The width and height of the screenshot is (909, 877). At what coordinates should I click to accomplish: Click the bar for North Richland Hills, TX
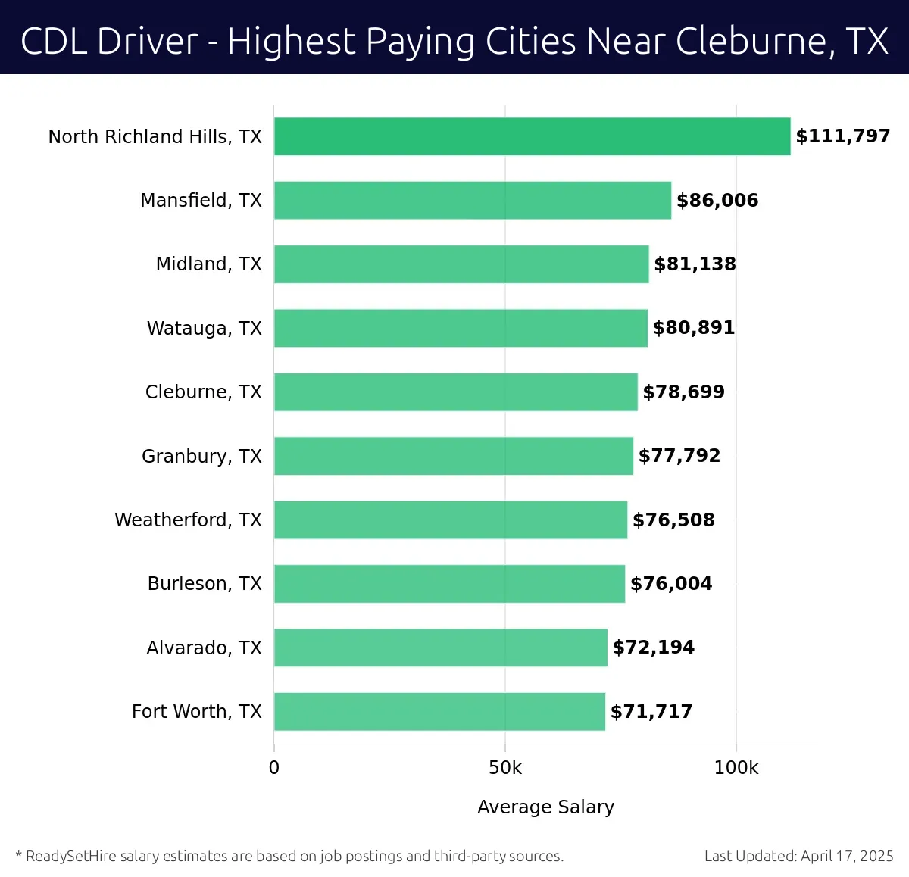(532, 136)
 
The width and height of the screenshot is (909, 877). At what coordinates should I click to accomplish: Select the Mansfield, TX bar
(472, 200)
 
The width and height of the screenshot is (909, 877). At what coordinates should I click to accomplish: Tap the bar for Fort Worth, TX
(439, 711)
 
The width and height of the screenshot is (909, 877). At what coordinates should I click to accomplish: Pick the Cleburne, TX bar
(455, 392)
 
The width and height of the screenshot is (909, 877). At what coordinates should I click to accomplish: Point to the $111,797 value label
(842, 136)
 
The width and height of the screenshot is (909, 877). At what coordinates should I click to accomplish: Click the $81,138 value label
(695, 264)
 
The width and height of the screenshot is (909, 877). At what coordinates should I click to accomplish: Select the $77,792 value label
(679, 456)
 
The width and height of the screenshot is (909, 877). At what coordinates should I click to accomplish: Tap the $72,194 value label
(653, 648)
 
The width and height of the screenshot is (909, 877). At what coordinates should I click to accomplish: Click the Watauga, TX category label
(204, 328)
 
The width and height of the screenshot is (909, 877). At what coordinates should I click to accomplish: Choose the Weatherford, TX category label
(188, 520)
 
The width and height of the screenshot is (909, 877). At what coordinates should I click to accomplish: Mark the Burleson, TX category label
(205, 583)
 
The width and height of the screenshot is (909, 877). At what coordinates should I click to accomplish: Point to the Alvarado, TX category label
(204, 648)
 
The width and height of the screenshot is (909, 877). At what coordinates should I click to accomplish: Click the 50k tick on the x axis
(505, 768)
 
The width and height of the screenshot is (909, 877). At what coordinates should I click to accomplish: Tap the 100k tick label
(736, 768)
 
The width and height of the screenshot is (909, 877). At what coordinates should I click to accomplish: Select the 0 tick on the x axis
(274, 768)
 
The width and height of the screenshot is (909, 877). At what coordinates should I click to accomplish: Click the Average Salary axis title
(545, 807)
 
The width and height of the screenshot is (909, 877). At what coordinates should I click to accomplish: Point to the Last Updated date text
(798, 856)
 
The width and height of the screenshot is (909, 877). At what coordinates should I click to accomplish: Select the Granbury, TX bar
(453, 456)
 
